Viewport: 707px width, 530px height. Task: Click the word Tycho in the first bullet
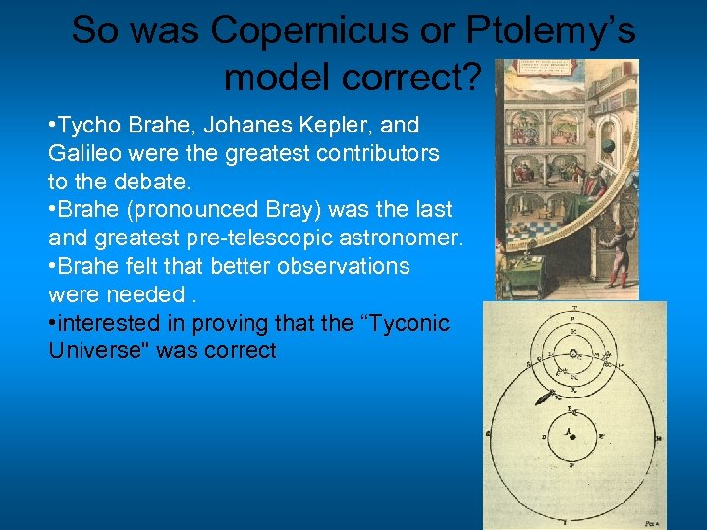(88, 126)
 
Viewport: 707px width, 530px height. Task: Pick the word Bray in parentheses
(299, 210)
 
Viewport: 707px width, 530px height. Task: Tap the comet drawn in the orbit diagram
(541, 400)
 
